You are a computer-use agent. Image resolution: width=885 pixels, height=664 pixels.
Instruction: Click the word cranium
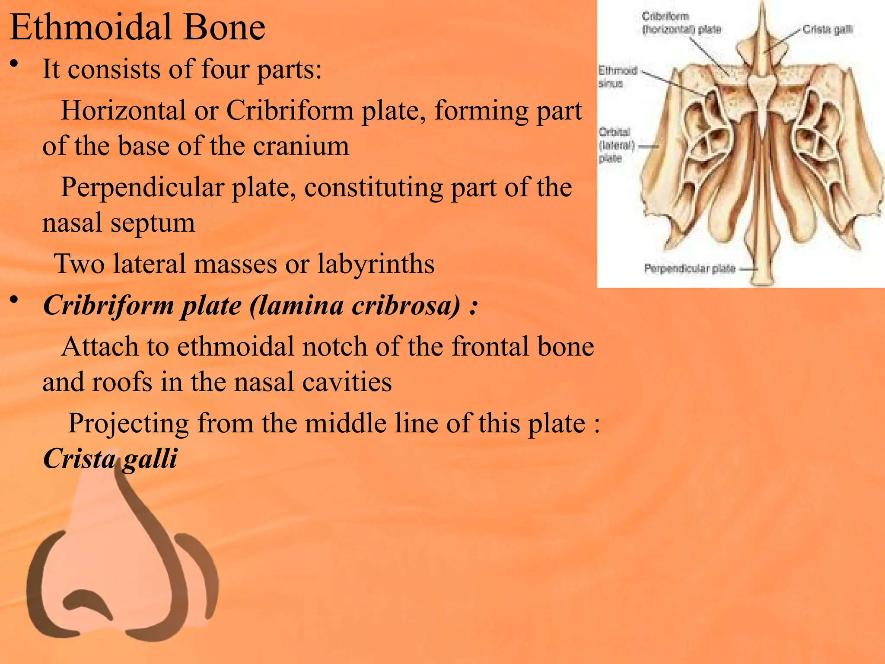301,146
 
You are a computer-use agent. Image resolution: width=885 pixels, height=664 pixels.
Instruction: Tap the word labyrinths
376,264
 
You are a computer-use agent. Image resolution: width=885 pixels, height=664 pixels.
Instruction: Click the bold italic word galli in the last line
150,458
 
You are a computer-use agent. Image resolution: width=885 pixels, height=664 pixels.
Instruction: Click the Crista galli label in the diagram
827,29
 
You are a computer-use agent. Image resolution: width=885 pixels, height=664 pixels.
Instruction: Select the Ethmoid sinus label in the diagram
617,77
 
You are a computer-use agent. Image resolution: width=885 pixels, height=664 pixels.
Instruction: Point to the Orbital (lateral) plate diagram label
615,145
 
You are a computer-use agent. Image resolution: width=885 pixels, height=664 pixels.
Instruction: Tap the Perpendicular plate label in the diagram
689,268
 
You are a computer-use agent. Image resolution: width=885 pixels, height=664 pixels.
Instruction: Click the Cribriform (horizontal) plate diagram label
681,23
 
